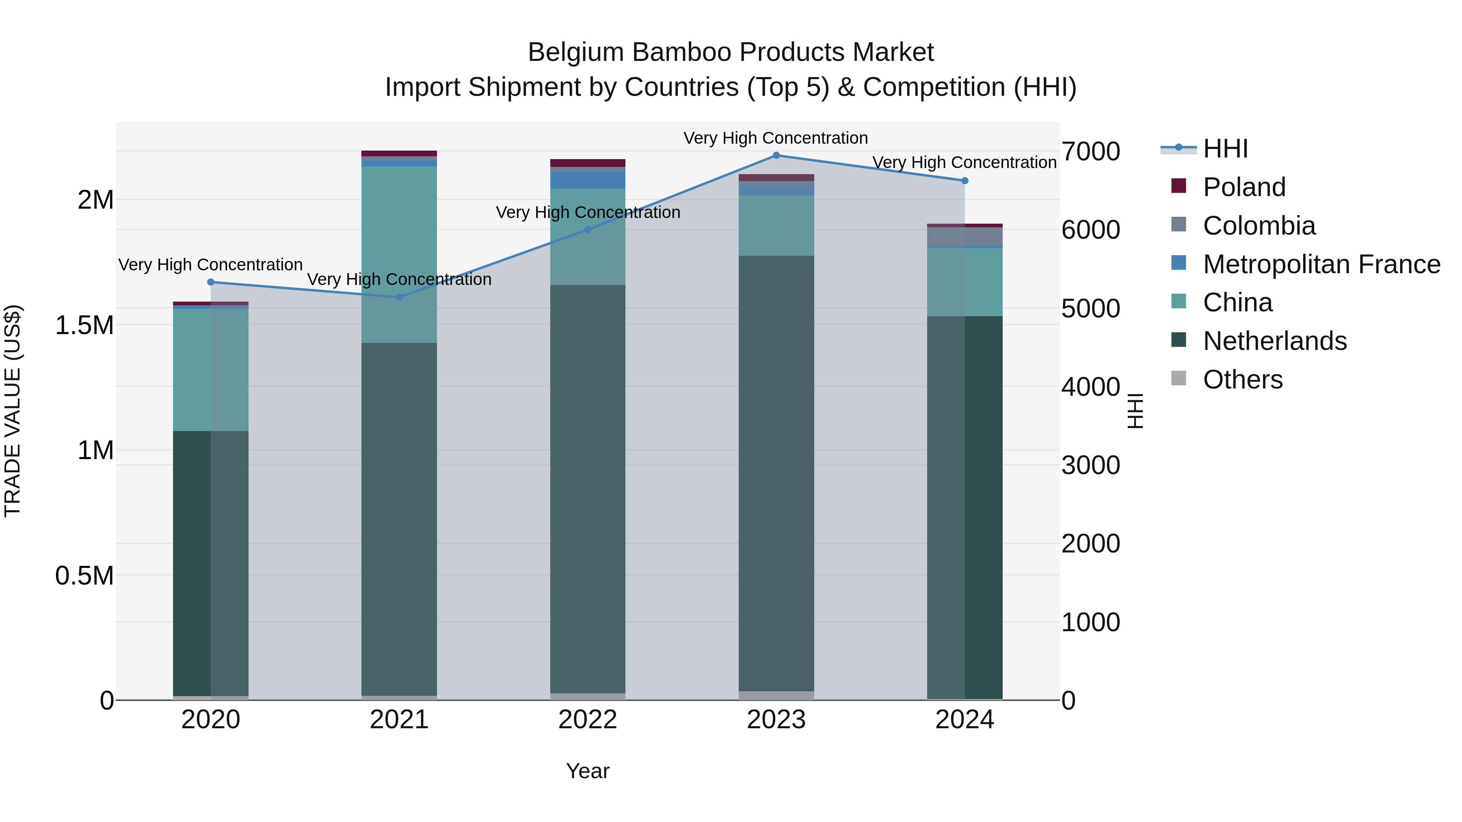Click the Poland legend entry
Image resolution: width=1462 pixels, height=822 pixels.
pos(1244,187)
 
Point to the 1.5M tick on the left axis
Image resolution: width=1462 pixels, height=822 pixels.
pos(84,326)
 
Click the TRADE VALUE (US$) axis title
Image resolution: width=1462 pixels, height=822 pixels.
pos(13,411)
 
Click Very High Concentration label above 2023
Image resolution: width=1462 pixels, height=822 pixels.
pos(775,138)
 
